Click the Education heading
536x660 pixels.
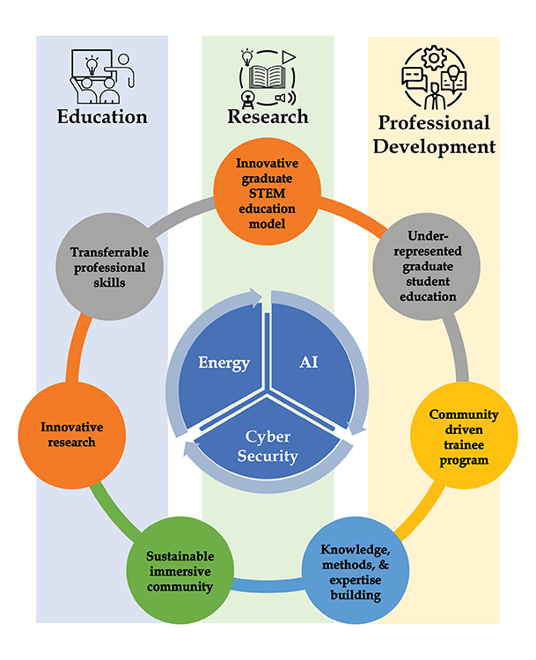(x=102, y=117)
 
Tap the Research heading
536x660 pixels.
(x=268, y=116)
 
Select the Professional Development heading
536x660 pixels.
(x=434, y=135)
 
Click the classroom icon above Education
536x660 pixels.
(x=101, y=78)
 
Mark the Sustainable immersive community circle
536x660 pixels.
(x=180, y=573)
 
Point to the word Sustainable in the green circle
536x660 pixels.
(x=180, y=558)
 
